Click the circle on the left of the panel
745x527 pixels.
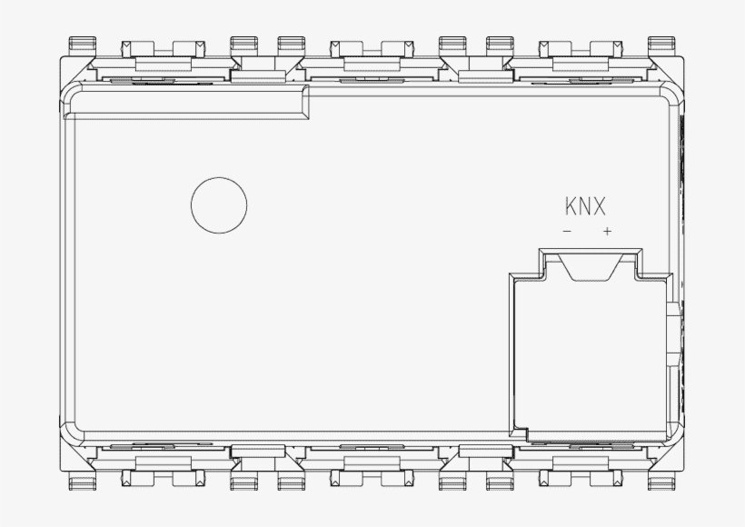[219, 204]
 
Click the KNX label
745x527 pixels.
[585, 207]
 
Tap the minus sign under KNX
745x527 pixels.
[568, 231]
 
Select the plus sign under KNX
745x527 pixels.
[607, 231]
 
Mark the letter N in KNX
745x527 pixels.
[585, 207]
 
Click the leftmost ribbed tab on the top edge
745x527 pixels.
[83, 44]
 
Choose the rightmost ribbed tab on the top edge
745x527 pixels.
[662, 44]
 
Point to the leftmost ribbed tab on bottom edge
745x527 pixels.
[83, 482]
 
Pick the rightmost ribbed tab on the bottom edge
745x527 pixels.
[662, 482]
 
